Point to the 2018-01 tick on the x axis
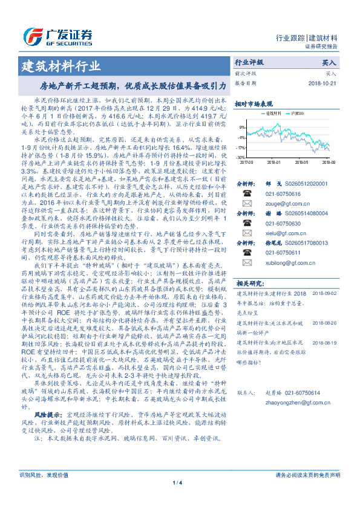273,163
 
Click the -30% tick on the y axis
241,158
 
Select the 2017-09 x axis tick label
246,163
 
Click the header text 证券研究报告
338,46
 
